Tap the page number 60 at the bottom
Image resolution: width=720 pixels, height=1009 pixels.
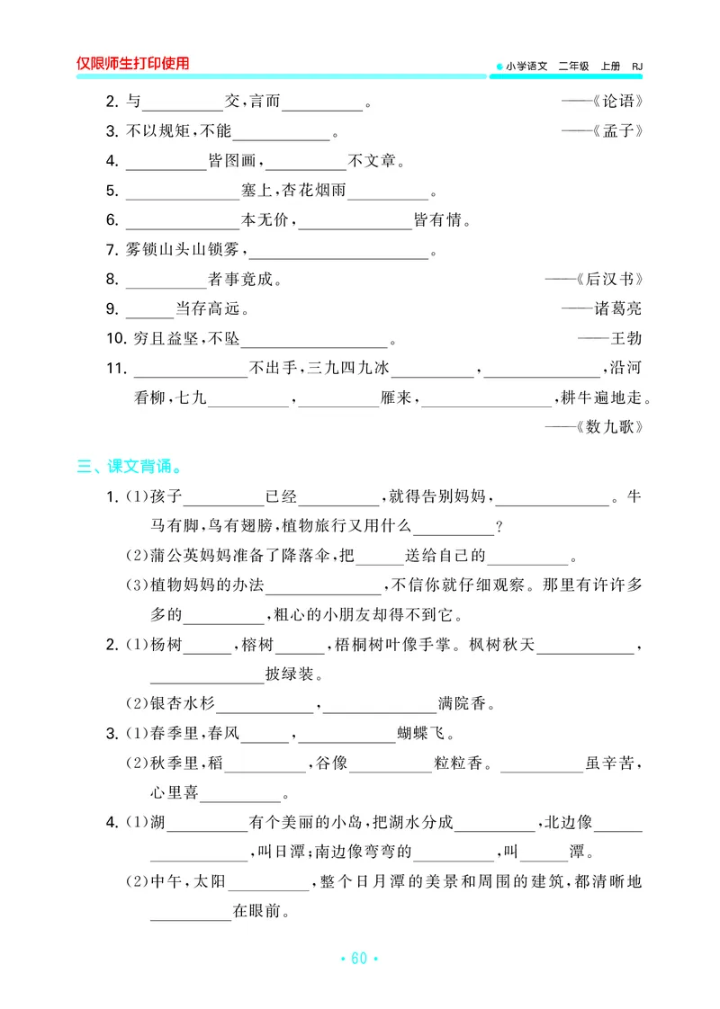click(359, 959)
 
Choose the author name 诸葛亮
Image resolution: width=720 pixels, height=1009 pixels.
click(617, 308)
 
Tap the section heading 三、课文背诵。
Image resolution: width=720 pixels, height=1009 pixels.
click(130, 467)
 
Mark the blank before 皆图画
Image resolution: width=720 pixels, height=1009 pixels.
click(166, 162)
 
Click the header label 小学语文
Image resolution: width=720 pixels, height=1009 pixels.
click(526, 66)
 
